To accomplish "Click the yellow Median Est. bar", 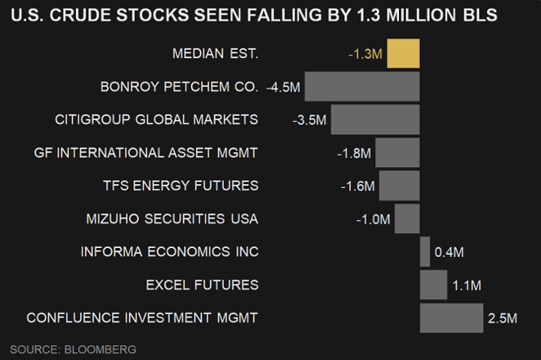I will [403, 54].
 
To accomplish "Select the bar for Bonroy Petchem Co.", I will [362, 86].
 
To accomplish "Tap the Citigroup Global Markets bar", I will [375, 119].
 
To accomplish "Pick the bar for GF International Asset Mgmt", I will [397, 153].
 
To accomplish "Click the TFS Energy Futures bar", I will [399, 186].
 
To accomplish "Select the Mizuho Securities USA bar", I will [407, 219].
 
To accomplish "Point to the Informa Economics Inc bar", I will [425, 252].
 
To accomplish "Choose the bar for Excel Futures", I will [434, 285].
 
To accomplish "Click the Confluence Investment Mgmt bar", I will [451, 318].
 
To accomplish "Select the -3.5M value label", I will [310, 120].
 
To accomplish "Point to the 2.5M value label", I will [503, 319].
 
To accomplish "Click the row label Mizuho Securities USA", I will [173, 219].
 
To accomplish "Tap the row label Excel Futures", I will [203, 285].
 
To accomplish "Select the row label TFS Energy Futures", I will [180, 186].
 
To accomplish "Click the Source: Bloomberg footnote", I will [73, 349].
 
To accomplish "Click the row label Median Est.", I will [215, 53].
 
